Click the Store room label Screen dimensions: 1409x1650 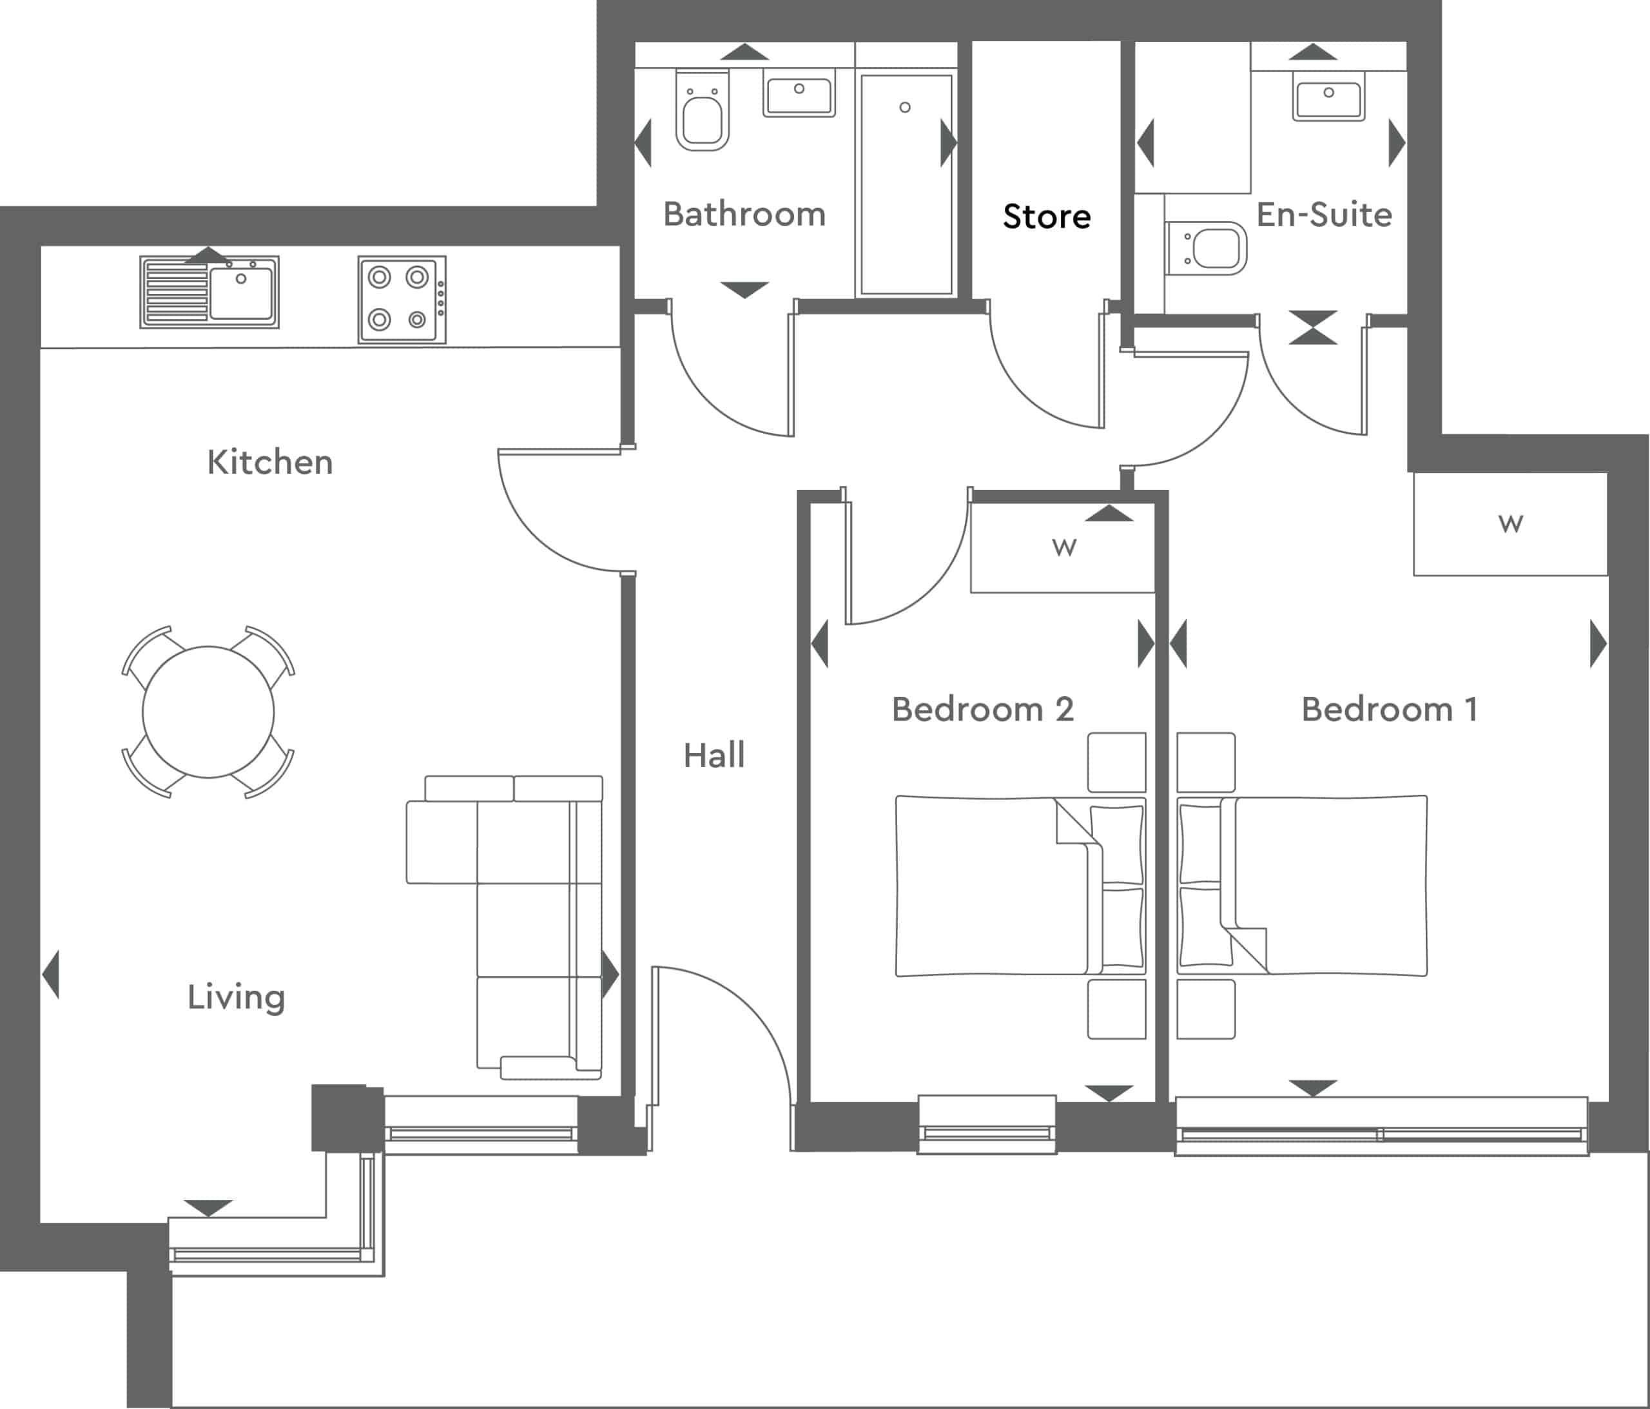tap(1046, 217)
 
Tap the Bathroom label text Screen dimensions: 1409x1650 tap(744, 214)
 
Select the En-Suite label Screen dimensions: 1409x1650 tap(1323, 214)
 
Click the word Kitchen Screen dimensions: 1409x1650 tap(269, 462)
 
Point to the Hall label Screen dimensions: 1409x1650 tap(713, 755)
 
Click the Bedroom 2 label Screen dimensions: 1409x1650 tap(982, 709)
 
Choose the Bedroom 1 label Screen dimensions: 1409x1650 tap(1389, 709)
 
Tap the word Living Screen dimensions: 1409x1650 tap(236, 997)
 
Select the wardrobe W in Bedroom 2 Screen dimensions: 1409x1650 tap(1063, 547)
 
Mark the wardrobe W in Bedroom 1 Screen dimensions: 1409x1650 tap(1510, 523)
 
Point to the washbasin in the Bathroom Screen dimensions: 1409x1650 tap(799, 93)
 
